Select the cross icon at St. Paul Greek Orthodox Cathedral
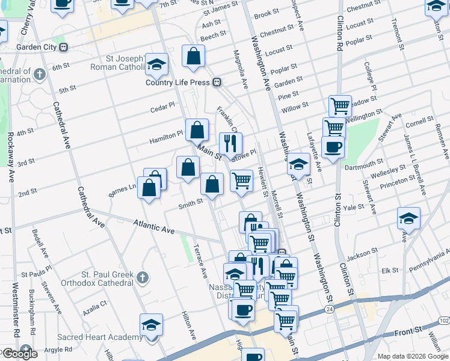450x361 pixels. coord(141,277)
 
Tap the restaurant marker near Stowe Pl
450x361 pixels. coord(230,143)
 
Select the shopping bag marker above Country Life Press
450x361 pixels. coord(194,56)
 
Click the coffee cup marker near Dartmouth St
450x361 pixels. coord(333,147)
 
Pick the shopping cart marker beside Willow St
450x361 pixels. coord(340,106)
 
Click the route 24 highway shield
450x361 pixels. coord(329,309)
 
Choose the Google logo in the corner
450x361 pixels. coord(20,353)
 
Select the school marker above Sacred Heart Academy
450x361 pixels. coord(151,324)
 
